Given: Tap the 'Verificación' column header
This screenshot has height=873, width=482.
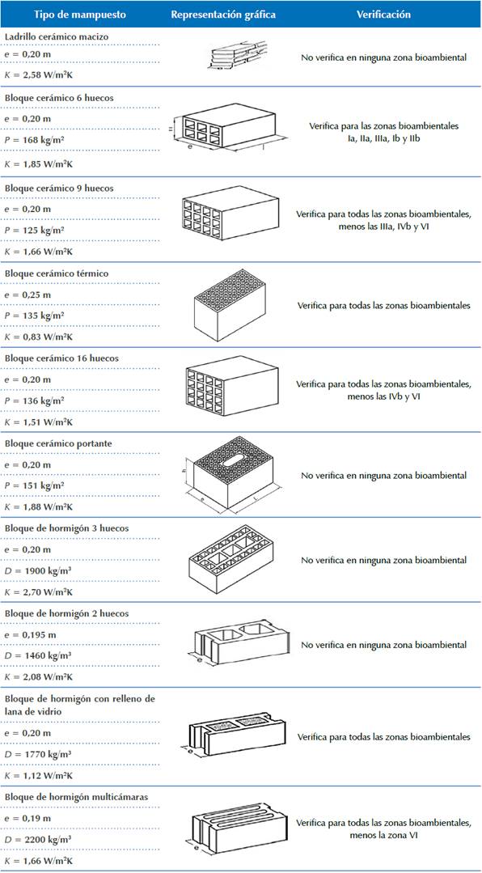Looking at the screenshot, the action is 383,15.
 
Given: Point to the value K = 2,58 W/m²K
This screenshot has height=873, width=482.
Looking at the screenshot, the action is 39,74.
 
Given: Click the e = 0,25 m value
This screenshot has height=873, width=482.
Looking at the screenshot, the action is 27,295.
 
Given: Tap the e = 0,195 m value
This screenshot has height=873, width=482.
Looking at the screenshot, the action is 29,634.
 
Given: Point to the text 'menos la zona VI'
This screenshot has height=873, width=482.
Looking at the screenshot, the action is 383,836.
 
